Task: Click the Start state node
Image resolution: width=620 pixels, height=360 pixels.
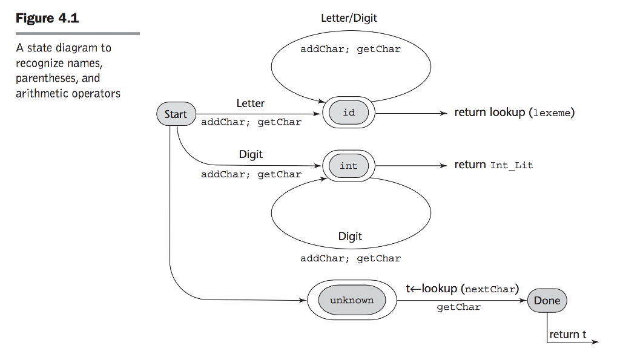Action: point(176,114)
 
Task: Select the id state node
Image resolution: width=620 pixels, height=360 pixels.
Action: point(349,113)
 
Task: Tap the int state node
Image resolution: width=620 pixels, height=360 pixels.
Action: point(349,166)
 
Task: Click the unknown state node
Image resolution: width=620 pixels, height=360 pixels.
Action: point(352,300)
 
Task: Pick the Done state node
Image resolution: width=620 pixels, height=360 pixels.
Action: point(547,301)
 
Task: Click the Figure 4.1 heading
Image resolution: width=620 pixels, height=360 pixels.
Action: point(47,18)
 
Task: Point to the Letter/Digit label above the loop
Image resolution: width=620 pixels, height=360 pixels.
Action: point(349,18)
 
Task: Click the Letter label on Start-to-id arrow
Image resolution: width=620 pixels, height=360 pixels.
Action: point(250,103)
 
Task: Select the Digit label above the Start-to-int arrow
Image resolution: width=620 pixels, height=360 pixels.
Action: point(251,154)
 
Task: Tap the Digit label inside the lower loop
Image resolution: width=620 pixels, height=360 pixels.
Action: point(350,237)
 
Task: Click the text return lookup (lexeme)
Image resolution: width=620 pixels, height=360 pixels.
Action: point(514,113)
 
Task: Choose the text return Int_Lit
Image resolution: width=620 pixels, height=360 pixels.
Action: point(493,165)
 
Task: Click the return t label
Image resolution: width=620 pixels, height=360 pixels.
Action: point(567,335)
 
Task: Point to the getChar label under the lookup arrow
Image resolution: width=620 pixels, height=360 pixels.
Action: point(458,307)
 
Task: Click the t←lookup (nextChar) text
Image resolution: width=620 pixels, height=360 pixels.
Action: point(463,289)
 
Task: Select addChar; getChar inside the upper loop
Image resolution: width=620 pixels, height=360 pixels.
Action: point(351,50)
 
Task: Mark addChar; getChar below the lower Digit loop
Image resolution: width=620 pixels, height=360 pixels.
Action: point(351,258)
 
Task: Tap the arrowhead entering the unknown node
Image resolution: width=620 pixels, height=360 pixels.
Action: point(303,300)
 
